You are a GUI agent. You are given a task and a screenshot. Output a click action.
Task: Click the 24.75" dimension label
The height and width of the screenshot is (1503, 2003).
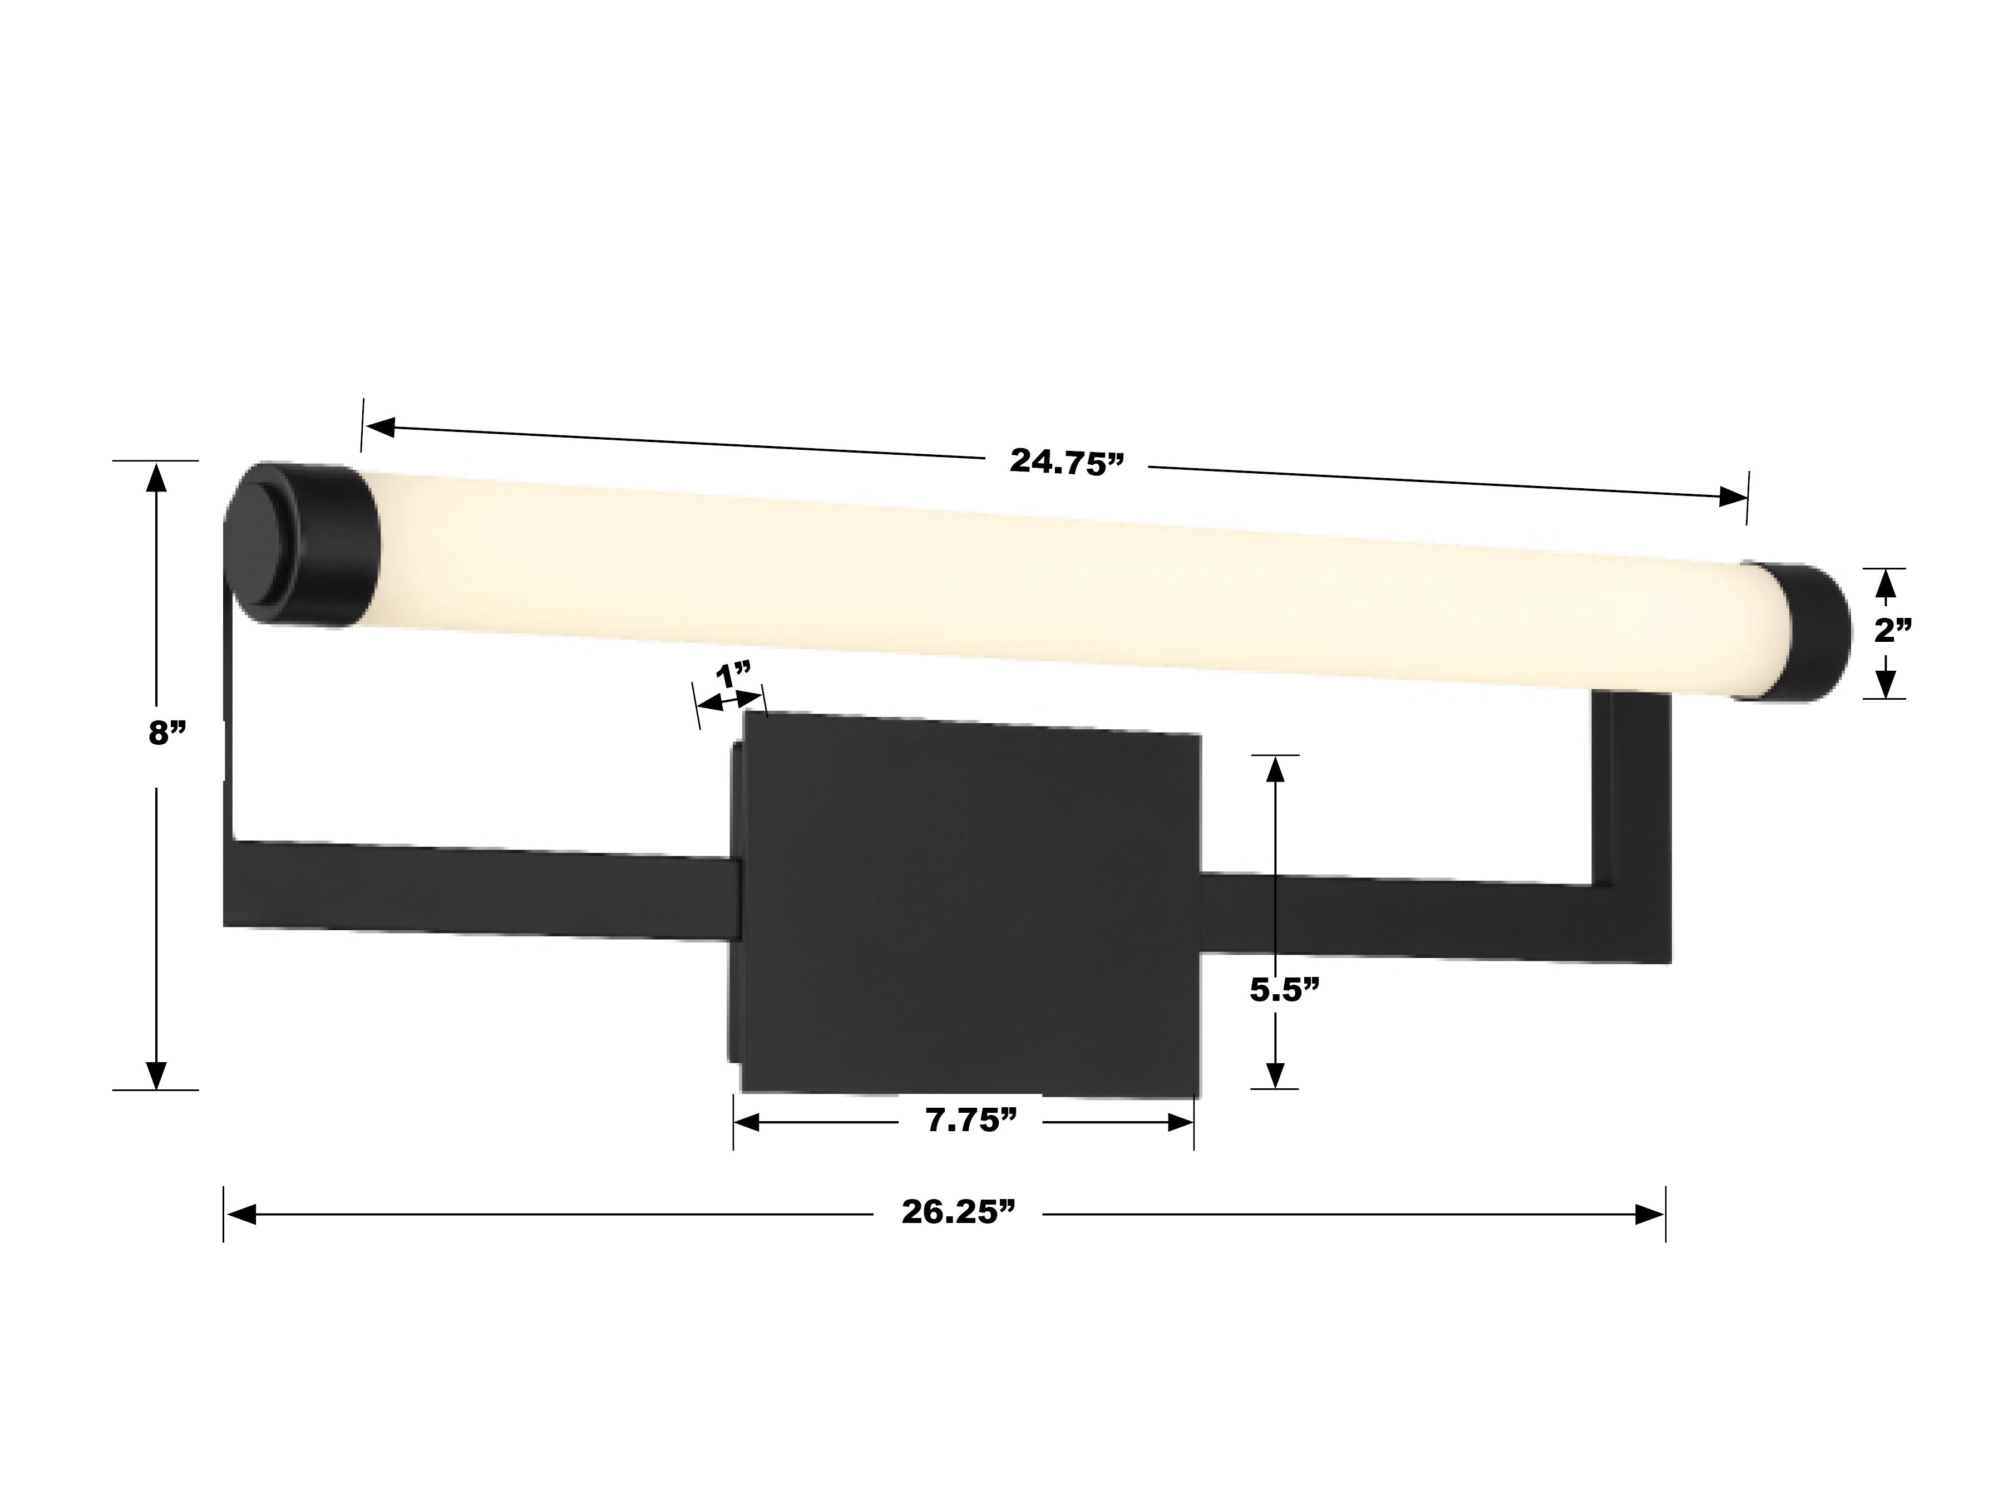tap(1066, 462)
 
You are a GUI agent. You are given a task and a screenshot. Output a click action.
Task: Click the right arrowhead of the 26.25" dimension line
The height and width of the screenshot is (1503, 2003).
tap(1649, 1215)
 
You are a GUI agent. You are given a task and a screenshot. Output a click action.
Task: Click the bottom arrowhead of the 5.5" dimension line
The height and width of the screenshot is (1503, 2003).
tap(1275, 1074)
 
